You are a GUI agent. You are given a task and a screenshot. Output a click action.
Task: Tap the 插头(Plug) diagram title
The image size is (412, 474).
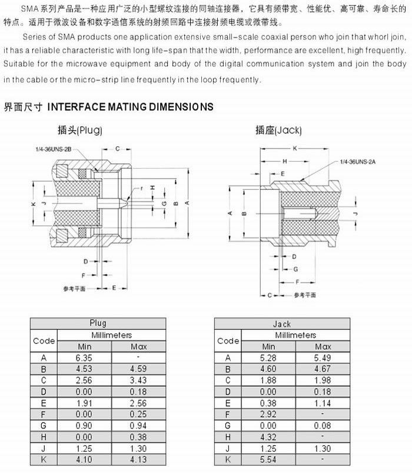[x=81, y=130]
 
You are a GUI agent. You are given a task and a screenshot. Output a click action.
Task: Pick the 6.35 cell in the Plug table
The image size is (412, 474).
[x=84, y=358]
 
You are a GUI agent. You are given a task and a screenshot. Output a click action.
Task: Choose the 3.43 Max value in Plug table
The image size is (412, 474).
[x=138, y=380]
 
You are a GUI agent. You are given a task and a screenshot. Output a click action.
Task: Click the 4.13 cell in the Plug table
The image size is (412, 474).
[x=138, y=459]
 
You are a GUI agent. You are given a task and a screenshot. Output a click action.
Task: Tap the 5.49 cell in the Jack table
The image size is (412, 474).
[x=323, y=358]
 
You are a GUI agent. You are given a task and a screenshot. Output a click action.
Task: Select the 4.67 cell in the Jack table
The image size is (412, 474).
[x=323, y=369]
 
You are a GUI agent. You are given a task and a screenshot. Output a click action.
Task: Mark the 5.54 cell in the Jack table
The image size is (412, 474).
[x=268, y=459]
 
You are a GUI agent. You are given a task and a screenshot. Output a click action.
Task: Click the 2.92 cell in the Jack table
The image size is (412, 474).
[x=268, y=414]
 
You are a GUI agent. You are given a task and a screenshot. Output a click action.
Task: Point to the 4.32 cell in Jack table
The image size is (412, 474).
[x=268, y=437]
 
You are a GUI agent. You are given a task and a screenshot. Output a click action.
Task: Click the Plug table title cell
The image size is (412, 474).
[x=98, y=324]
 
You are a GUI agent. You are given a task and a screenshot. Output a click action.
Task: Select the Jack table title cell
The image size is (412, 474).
[x=282, y=324]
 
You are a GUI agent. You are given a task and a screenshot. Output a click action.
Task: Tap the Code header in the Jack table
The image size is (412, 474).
[x=228, y=341]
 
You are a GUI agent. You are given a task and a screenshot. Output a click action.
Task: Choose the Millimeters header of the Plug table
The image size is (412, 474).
[x=111, y=335]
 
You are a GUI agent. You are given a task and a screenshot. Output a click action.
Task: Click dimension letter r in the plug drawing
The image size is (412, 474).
[x=142, y=187]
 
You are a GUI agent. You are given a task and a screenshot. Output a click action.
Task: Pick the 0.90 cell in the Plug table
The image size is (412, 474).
[x=84, y=426]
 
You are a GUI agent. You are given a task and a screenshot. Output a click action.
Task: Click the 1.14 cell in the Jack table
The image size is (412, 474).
[x=323, y=403]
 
